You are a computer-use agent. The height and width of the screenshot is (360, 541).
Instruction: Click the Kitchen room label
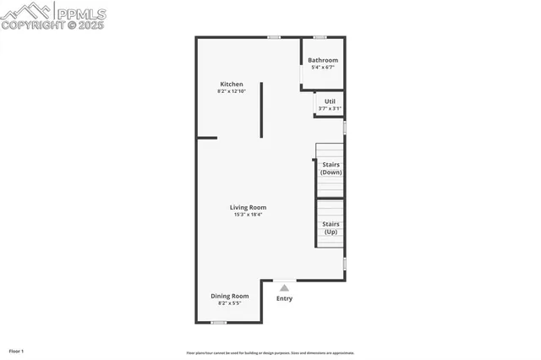click(232, 84)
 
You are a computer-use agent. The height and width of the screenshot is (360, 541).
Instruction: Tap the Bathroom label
click(323, 60)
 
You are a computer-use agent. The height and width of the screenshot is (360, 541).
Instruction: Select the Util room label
click(330, 101)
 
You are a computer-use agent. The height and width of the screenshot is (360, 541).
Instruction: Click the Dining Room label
click(230, 296)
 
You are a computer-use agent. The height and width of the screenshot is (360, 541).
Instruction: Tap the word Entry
click(284, 298)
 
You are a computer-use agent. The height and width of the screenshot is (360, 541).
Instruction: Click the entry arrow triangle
click(284, 288)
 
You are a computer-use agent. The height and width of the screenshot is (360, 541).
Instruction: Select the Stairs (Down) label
click(331, 168)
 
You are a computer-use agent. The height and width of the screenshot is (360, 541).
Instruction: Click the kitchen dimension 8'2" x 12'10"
click(232, 91)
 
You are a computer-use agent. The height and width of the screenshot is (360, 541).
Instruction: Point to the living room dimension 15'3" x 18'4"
click(249, 215)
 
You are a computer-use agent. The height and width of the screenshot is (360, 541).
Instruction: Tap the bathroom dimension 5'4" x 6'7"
click(323, 68)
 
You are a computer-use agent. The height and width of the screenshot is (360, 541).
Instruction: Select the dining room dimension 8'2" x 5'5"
click(230, 303)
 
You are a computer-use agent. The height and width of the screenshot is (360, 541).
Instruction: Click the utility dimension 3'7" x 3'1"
click(330, 108)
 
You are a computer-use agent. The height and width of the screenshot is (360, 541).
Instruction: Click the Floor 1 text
click(16, 351)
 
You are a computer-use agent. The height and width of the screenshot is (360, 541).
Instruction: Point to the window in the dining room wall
click(218, 322)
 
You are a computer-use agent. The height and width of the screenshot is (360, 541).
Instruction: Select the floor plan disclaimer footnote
click(270, 353)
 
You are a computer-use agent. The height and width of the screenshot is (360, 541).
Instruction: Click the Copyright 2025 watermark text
click(52, 25)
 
